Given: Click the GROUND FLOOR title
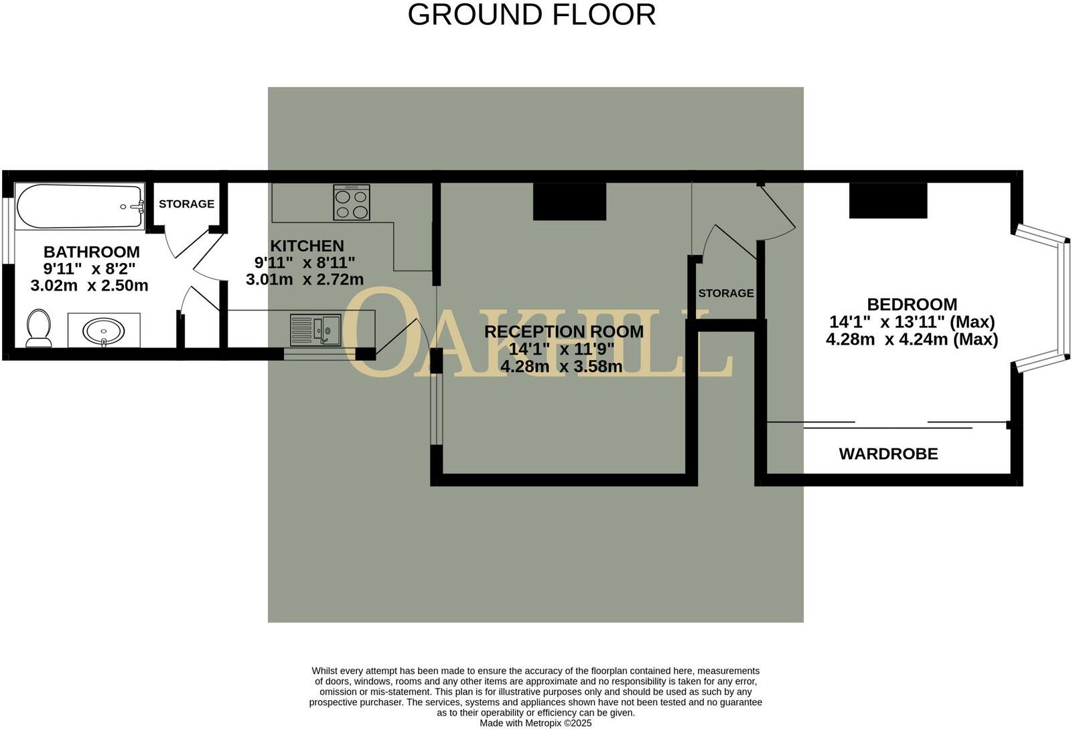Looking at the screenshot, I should click(531, 15).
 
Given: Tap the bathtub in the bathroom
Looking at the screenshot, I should click(80, 207).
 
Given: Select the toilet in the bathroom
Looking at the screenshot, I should click(38, 328).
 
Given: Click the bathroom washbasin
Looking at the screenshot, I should click(104, 331).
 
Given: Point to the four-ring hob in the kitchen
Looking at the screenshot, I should click(352, 202).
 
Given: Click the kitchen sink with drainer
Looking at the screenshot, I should click(315, 330).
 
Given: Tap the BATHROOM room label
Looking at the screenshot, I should click(92, 252).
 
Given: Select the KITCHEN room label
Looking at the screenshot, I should click(307, 246).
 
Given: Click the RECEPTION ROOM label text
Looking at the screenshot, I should click(563, 331).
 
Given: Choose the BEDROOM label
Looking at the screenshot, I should click(912, 305).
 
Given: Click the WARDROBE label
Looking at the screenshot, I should click(888, 454).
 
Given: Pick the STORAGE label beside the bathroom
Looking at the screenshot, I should click(186, 204).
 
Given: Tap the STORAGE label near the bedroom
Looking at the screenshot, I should click(725, 293).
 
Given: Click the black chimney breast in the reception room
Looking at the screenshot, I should click(569, 201).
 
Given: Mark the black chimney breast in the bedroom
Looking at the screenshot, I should click(888, 199).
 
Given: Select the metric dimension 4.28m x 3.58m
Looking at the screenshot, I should click(561, 366).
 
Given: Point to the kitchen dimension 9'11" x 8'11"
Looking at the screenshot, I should click(305, 262).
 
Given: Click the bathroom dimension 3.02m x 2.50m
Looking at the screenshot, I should click(89, 286).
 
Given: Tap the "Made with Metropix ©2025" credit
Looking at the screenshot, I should click(535, 723).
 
